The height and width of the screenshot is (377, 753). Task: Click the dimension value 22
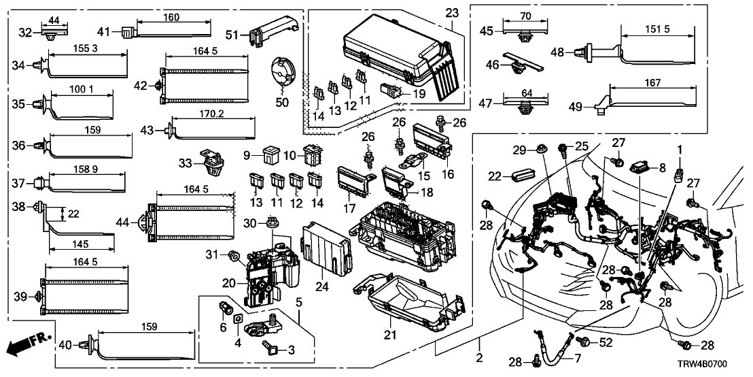click(73, 214)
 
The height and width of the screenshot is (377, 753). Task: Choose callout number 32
click(25, 32)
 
